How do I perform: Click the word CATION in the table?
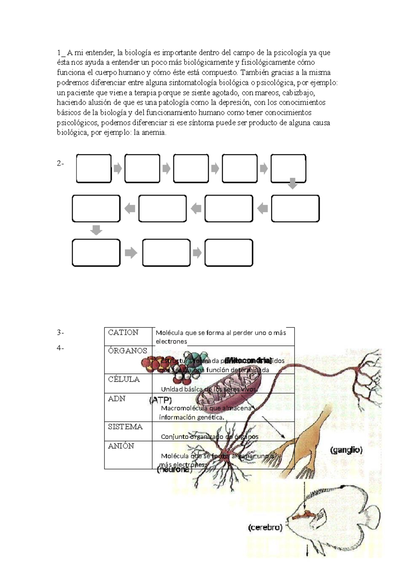tap(123, 332)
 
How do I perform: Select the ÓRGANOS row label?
tap(127, 351)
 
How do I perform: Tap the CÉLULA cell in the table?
tap(124, 379)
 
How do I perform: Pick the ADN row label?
tap(116, 399)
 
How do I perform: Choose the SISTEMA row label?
tap(125, 427)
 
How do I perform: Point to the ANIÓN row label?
tap(121, 446)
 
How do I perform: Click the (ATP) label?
tap(161, 400)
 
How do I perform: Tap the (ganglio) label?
tap(346, 450)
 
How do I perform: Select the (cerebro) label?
tap(265, 527)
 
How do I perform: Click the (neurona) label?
tap(174, 470)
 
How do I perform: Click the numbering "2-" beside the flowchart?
tap(60, 164)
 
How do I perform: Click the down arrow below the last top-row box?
tap(292, 184)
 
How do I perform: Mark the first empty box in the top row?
tap(94, 169)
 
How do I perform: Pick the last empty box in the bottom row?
tap(229, 253)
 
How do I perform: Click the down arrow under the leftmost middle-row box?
tap(96, 230)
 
